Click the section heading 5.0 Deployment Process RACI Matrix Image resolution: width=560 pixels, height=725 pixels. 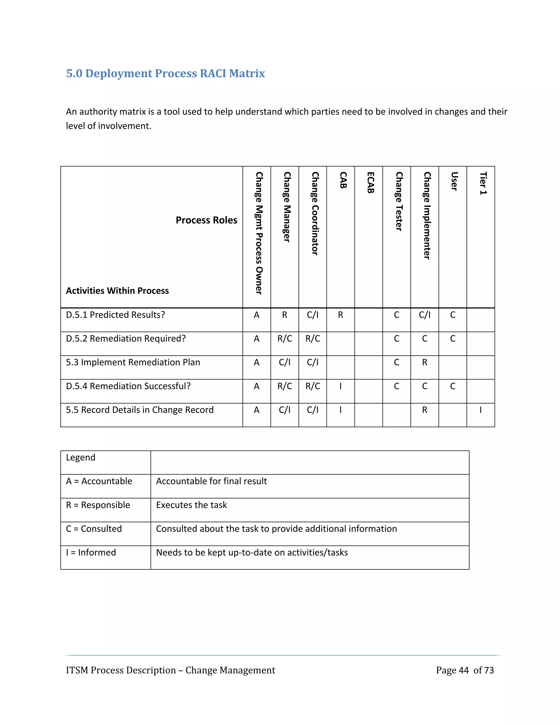[165, 73]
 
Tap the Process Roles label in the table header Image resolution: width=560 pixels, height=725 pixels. [206, 220]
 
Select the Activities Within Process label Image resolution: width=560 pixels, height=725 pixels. [117, 291]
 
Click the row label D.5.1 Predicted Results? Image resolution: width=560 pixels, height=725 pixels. [115, 315]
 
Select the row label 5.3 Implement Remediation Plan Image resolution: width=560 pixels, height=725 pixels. [133, 362]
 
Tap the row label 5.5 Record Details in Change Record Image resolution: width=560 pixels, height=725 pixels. [140, 410]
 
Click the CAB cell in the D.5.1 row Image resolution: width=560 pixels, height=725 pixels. [340, 315]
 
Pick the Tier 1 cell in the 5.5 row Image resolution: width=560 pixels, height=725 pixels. [480, 410]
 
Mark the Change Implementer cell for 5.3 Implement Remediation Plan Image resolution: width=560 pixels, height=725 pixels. [424, 362]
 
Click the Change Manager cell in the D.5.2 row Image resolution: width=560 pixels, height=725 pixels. [285, 339]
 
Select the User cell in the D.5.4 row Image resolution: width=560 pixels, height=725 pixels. [453, 386]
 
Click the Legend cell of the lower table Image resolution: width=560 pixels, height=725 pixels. [81, 457]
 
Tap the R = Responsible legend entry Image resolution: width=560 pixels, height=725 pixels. [98, 505]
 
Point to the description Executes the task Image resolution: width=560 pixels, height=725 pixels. [191, 505]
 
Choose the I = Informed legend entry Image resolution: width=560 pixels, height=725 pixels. [91, 552]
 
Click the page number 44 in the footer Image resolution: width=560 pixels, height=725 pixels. [463, 670]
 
